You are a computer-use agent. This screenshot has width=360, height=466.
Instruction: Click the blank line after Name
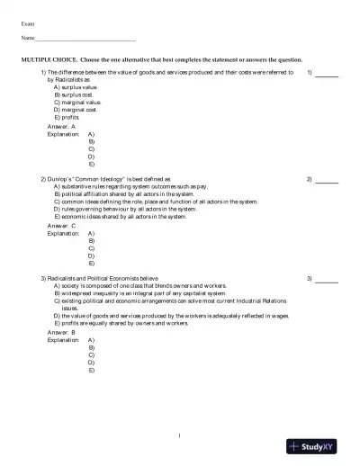[x=85, y=40]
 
